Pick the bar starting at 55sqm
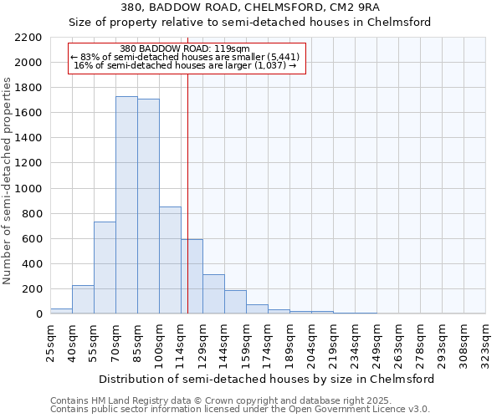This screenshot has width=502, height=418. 105,268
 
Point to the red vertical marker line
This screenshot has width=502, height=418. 187,192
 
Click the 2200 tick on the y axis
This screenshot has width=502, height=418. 30,38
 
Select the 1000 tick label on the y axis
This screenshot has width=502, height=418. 30,189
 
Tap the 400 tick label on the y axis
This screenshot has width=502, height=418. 33,264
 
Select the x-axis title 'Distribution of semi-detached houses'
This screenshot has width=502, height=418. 267,379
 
